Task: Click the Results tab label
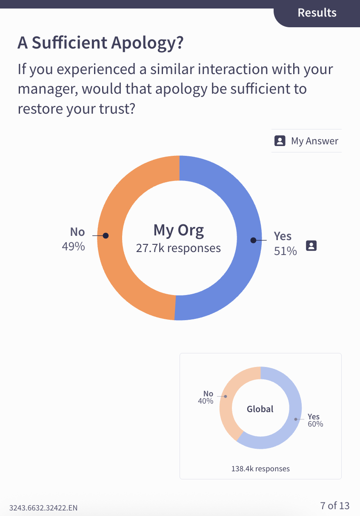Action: point(317,13)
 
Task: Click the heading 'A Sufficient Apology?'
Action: point(100,43)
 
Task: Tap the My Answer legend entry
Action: point(306,141)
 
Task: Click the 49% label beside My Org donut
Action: point(73,247)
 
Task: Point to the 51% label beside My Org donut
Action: point(285,251)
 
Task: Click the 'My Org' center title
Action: point(179,230)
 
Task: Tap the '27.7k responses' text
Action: point(178,248)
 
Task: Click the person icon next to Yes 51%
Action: point(311,246)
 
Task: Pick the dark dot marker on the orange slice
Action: point(106,235)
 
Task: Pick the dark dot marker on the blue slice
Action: point(253,241)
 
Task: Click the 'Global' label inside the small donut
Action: point(260,409)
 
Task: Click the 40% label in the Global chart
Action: point(206,401)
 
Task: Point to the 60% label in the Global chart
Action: point(315,424)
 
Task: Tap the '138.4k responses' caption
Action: point(260,469)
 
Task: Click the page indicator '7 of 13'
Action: point(334,505)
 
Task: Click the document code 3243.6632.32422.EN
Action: point(43,507)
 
